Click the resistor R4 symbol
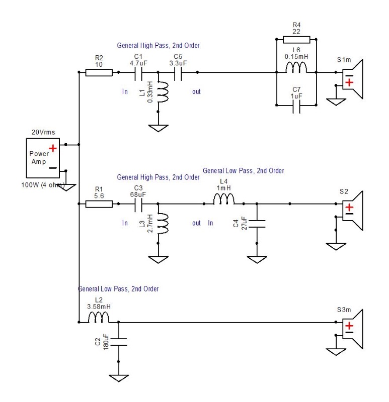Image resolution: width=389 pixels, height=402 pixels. click(x=296, y=40)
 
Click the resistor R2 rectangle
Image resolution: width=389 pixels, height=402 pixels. click(x=99, y=72)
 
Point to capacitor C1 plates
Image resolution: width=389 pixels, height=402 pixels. click(x=138, y=72)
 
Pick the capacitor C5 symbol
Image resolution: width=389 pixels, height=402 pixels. click(x=178, y=72)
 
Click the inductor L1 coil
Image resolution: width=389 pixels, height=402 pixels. click(x=163, y=92)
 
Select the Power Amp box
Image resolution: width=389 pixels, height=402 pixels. click(x=43, y=158)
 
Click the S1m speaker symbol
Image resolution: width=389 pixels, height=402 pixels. click(x=353, y=79)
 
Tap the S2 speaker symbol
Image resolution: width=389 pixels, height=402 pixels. click(x=353, y=211)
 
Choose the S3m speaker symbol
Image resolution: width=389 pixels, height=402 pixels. click(x=353, y=329)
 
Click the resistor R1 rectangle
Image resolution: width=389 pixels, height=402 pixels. click(x=99, y=204)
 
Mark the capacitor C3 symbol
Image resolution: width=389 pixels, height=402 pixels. click(x=138, y=204)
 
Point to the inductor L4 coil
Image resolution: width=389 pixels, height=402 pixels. click(x=223, y=199)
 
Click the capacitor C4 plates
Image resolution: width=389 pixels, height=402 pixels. click(x=257, y=224)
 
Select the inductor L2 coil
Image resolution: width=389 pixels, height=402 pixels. click(x=99, y=318)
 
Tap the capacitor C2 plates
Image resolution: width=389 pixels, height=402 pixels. click(x=118, y=342)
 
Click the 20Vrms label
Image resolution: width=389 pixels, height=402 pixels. click(x=43, y=132)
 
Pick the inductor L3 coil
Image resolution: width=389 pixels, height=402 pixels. click(x=163, y=224)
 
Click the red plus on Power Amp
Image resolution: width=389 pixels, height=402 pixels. click(x=53, y=148)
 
